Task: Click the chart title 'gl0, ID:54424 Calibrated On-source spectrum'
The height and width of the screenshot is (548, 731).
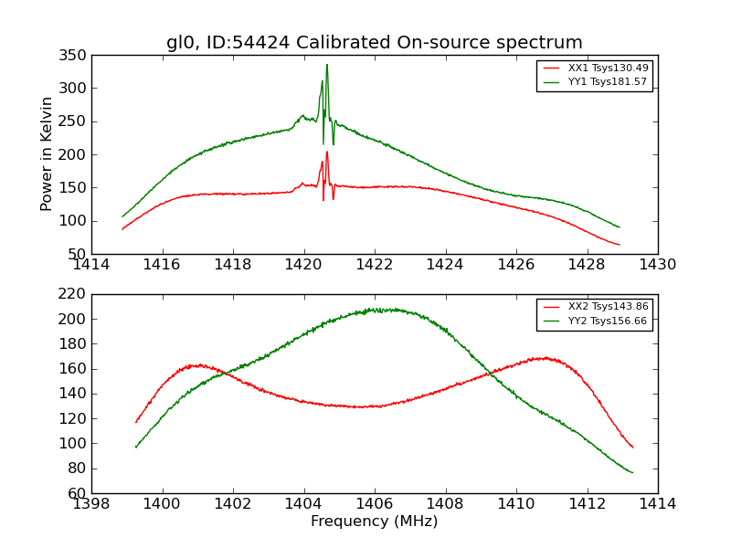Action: tap(374, 42)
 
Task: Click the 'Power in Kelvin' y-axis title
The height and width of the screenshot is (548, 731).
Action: tap(47, 154)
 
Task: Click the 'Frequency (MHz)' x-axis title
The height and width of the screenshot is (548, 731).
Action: tap(374, 522)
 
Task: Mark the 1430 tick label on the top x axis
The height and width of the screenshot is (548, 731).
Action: tap(657, 265)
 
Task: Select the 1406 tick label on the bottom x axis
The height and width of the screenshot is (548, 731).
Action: tap(374, 504)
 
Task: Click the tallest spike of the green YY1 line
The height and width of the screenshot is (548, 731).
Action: tap(327, 65)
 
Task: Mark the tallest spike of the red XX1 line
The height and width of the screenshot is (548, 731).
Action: tap(327, 153)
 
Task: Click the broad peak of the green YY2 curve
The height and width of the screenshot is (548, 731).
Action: tap(376, 310)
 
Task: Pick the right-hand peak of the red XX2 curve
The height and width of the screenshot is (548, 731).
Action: tap(546, 357)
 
